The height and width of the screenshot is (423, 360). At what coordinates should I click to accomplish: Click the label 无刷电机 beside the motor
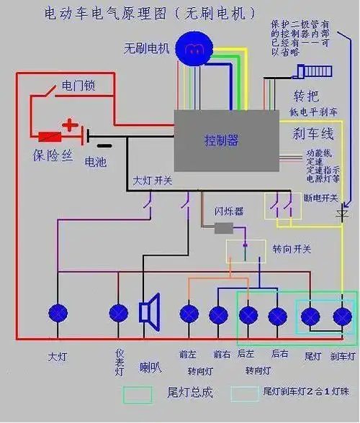pyautogui.click(x=146, y=49)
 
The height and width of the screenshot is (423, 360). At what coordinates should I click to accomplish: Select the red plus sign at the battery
pyautogui.click(x=70, y=126)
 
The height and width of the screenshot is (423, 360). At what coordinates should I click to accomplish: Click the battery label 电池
pyautogui.click(x=95, y=162)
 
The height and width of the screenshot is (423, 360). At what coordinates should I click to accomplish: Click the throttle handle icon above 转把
pyautogui.click(x=306, y=71)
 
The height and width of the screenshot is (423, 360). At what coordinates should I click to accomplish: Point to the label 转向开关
pyautogui.click(x=292, y=249)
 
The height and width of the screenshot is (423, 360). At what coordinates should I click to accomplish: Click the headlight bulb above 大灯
pyautogui.click(x=58, y=314)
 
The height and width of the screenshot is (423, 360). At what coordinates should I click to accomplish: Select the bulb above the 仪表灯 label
pyautogui.click(x=119, y=314)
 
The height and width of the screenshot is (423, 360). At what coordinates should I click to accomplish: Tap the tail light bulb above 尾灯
pyautogui.click(x=311, y=315)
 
